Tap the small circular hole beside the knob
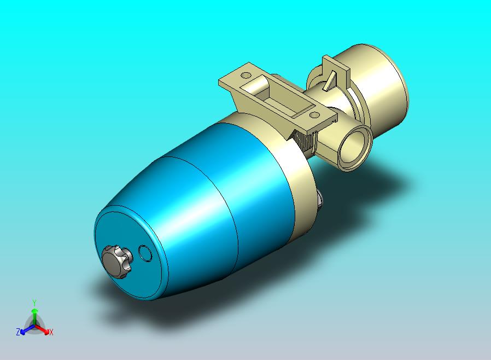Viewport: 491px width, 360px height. pos(145,253)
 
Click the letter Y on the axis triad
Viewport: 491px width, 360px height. pos(34,303)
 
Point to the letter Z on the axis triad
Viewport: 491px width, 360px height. pos(18,332)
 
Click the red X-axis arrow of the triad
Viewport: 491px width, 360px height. pos(42,329)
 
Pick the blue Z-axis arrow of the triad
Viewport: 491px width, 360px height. pos(27,329)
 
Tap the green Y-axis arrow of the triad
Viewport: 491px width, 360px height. pos(35,316)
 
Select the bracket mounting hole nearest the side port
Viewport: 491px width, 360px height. pos(314,115)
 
